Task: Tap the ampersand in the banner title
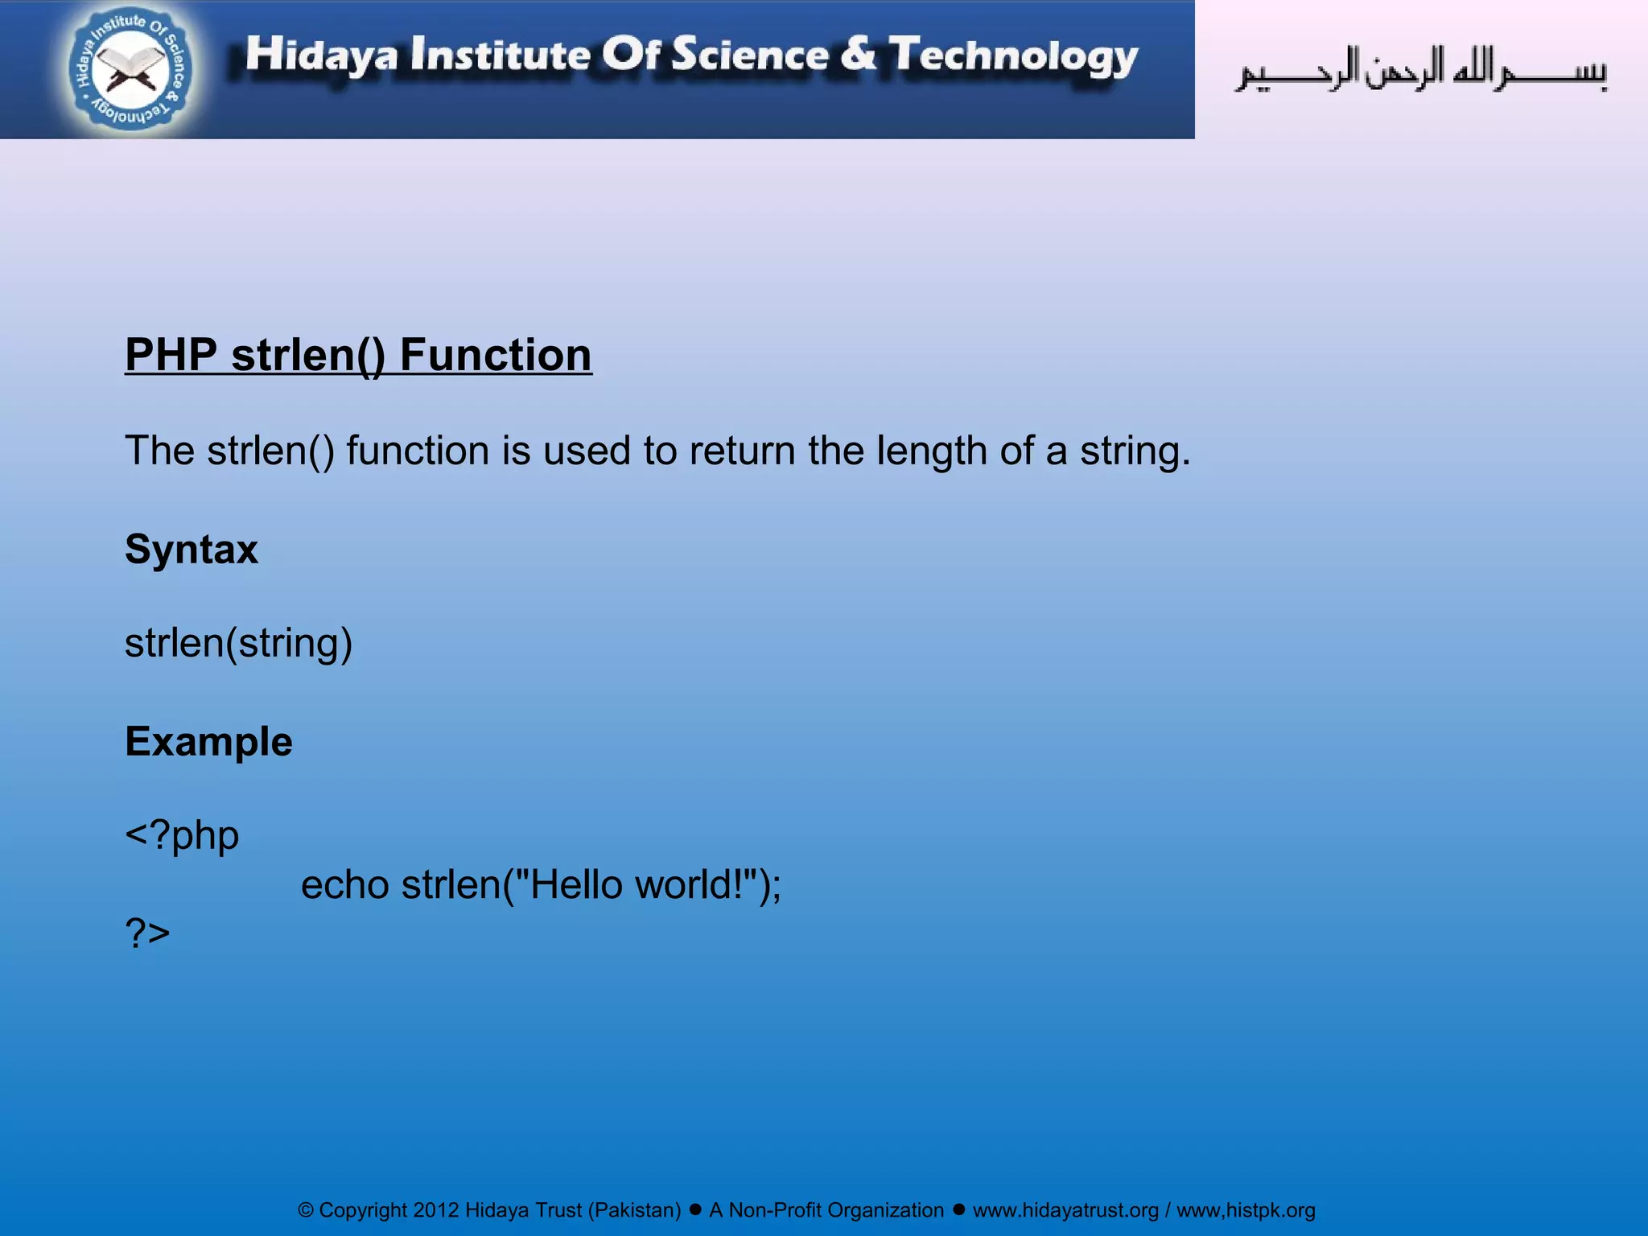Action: pyautogui.click(x=859, y=54)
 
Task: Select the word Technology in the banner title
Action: pyautogui.click(x=1014, y=56)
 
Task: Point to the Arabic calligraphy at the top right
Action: pyautogui.click(x=1421, y=71)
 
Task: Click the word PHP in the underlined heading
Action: pyautogui.click(x=171, y=355)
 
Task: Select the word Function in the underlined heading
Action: pyautogui.click(x=496, y=355)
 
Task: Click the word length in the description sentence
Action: pyautogui.click(x=931, y=451)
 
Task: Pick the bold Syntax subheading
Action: pyautogui.click(x=192, y=550)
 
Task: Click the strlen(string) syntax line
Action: pyautogui.click(x=239, y=643)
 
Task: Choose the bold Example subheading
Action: pyautogui.click(x=208, y=741)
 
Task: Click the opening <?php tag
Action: pyautogui.click(x=182, y=835)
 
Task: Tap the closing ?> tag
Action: pyautogui.click(x=148, y=933)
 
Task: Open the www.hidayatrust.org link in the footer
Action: pyautogui.click(x=1065, y=1210)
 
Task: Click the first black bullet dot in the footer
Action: pyautogui.click(x=695, y=1209)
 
